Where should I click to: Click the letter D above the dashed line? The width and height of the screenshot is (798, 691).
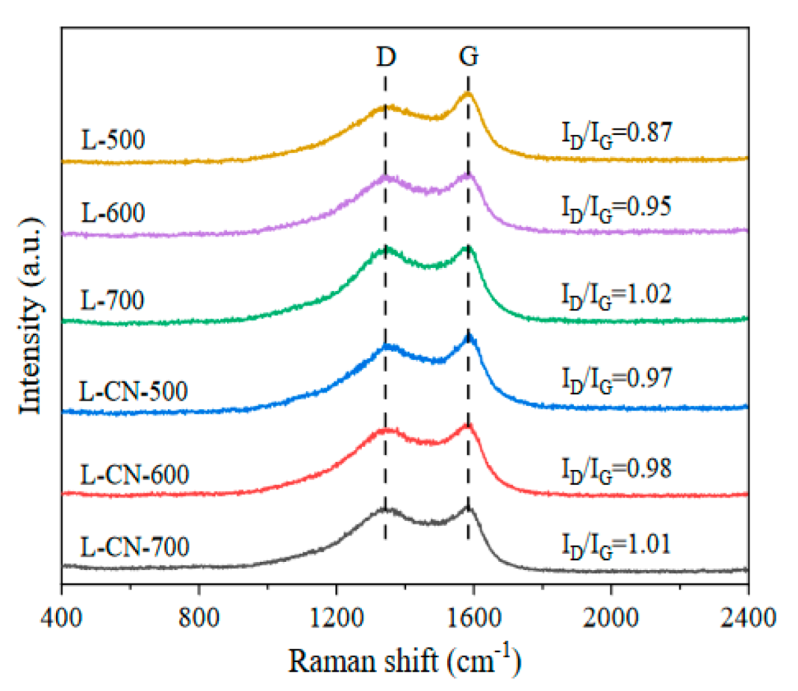click(385, 57)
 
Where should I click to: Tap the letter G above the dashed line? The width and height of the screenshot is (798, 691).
click(468, 57)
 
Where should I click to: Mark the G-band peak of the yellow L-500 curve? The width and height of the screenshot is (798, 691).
click(467, 94)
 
